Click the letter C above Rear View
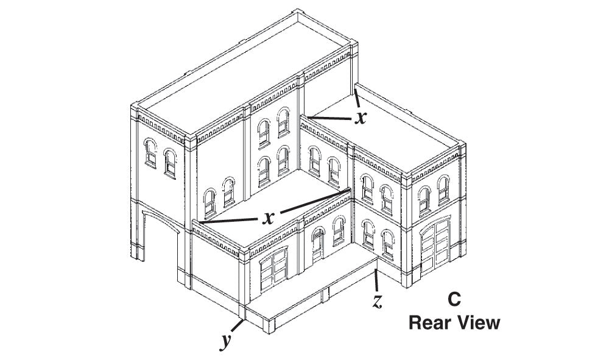(x=454, y=299)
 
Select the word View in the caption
(x=479, y=322)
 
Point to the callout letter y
(x=227, y=340)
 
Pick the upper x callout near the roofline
(x=361, y=118)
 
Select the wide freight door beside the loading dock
(x=274, y=271)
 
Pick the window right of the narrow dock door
(x=339, y=233)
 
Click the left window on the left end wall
(x=150, y=152)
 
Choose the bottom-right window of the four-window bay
(x=283, y=160)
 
